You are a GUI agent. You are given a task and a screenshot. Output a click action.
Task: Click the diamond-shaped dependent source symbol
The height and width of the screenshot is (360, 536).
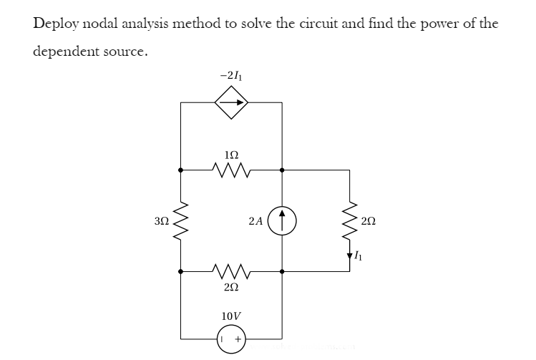[x=231, y=102]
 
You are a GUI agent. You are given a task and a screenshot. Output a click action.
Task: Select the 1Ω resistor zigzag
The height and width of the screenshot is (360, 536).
[x=230, y=170]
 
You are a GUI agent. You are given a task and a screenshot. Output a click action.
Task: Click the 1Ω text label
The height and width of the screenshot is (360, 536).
[x=231, y=155]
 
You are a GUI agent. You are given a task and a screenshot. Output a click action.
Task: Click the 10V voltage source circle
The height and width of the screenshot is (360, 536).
[x=231, y=338]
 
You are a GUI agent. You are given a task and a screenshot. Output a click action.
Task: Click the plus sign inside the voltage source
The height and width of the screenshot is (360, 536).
[x=238, y=338]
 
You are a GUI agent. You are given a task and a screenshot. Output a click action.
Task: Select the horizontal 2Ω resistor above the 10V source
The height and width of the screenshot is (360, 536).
[x=230, y=272]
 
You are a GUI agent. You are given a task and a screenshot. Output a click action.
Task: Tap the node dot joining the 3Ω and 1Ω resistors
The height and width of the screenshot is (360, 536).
[x=181, y=170]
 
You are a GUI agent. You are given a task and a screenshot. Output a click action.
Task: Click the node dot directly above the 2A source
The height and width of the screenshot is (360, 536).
[x=283, y=170]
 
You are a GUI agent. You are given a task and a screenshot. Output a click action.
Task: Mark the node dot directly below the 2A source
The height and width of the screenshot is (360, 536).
[x=283, y=272]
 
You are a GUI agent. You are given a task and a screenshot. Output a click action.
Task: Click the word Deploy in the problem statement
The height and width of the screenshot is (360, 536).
[x=55, y=23]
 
